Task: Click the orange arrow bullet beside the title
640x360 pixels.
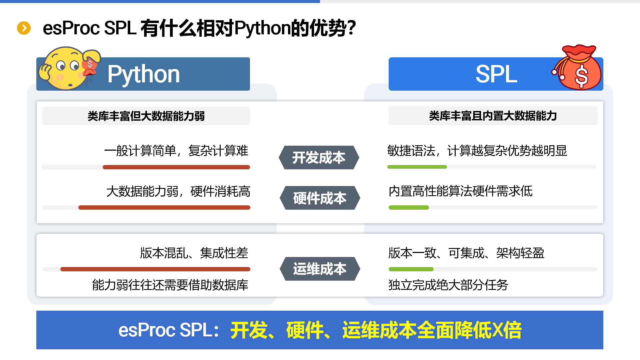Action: (24, 28)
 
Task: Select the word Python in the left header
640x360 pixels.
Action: (144, 74)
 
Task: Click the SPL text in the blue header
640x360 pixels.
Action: (496, 74)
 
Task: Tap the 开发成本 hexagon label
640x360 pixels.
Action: (319, 157)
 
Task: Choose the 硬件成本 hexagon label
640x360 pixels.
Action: (320, 198)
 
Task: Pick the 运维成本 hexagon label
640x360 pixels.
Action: (320, 269)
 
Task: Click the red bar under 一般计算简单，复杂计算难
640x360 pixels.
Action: (176, 167)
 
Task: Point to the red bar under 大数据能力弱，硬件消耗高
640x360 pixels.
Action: (164, 207)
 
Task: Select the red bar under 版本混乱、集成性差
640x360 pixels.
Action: (155, 269)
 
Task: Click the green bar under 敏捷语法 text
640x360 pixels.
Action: (417, 167)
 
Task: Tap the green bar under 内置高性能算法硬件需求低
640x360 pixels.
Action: (409, 207)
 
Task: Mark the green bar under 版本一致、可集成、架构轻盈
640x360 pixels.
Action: (411, 269)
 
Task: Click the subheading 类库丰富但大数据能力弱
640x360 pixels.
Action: (146, 116)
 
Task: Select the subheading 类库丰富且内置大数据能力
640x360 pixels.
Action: (493, 116)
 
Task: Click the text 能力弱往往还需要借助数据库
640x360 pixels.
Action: (170, 285)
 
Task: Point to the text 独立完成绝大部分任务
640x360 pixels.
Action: (448, 285)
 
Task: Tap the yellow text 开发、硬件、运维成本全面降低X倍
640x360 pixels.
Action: (376, 330)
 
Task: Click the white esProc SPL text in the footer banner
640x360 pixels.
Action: (165, 330)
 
